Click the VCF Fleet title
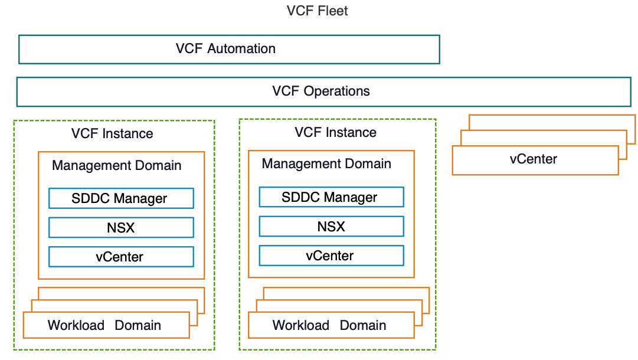pyautogui.click(x=317, y=11)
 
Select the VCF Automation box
pyautogui.click(x=229, y=49)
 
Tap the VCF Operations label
pyautogui.click(x=321, y=91)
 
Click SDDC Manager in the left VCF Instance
pyautogui.click(x=121, y=198)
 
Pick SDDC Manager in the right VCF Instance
pyautogui.click(x=331, y=197)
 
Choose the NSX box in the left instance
pyautogui.click(x=121, y=227)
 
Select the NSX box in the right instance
pyautogui.click(x=331, y=227)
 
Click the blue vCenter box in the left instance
pyautogui.click(x=121, y=257)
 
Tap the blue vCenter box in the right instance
pyautogui.click(x=331, y=256)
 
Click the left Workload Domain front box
pyautogui.click(x=106, y=325)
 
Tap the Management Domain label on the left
pyautogui.click(x=117, y=165)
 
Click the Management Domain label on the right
pyautogui.click(x=326, y=163)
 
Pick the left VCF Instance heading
pyautogui.click(x=112, y=133)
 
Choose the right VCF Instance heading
pyautogui.click(x=335, y=132)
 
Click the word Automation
pyautogui.click(x=241, y=48)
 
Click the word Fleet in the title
pyautogui.click(x=332, y=11)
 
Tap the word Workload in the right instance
pyautogui.click(x=301, y=325)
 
